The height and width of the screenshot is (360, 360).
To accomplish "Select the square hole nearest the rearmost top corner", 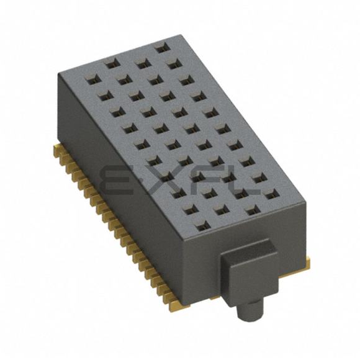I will click(163, 48).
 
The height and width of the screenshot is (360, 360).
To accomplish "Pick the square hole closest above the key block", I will click(253, 212).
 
